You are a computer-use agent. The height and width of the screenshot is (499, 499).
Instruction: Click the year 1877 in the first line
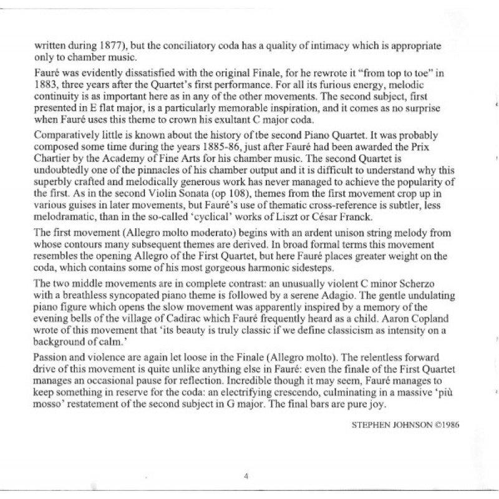(x=95, y=46)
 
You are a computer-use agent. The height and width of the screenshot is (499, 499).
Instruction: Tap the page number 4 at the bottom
(x=247, y=475)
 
